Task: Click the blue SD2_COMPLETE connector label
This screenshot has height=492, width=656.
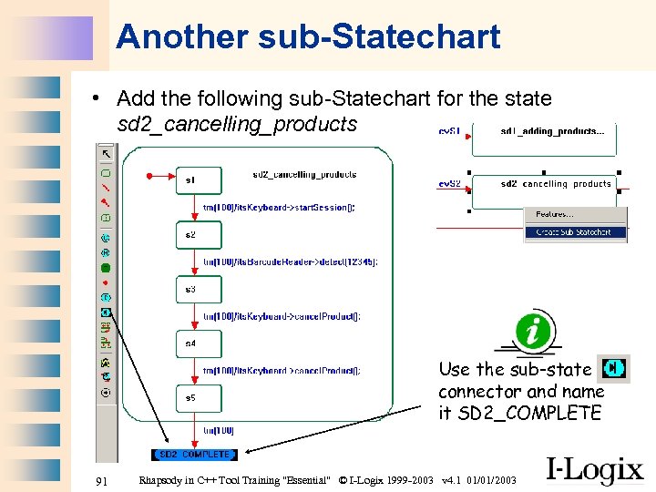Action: [193, 454]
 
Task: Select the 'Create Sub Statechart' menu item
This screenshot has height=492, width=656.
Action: [575, 232]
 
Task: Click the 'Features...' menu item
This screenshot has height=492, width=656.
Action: [555, 214]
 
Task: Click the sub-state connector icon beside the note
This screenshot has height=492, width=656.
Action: [614, 368]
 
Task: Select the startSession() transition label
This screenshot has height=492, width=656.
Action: [279, 208]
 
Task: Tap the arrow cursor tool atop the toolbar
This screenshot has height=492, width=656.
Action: [107, 153]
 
